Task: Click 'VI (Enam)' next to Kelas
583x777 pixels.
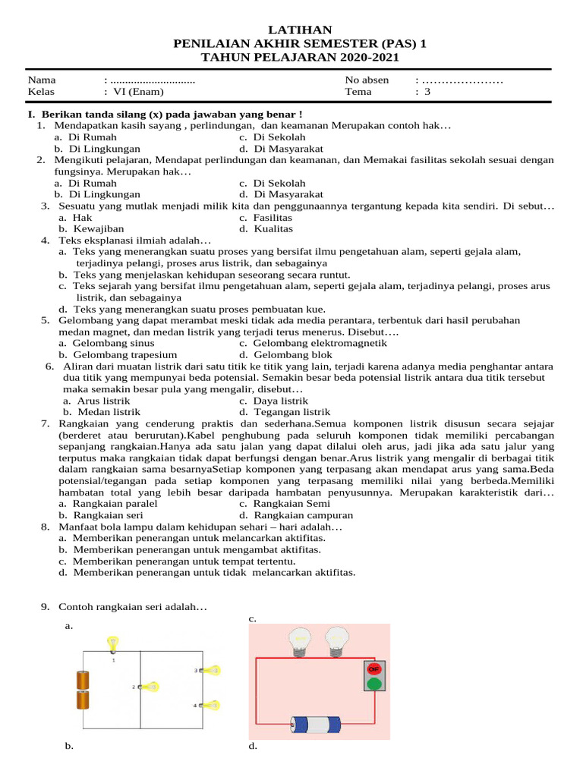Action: [x=137, y=92]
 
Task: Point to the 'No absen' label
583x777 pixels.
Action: [x=367, y=80]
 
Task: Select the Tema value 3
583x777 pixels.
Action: [x=427, y=92]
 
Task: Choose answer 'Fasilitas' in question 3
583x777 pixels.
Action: [x=273, y=217]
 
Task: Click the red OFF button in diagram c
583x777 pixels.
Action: [x=373, y=669]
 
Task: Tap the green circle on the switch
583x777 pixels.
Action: [x=373, y=683]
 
